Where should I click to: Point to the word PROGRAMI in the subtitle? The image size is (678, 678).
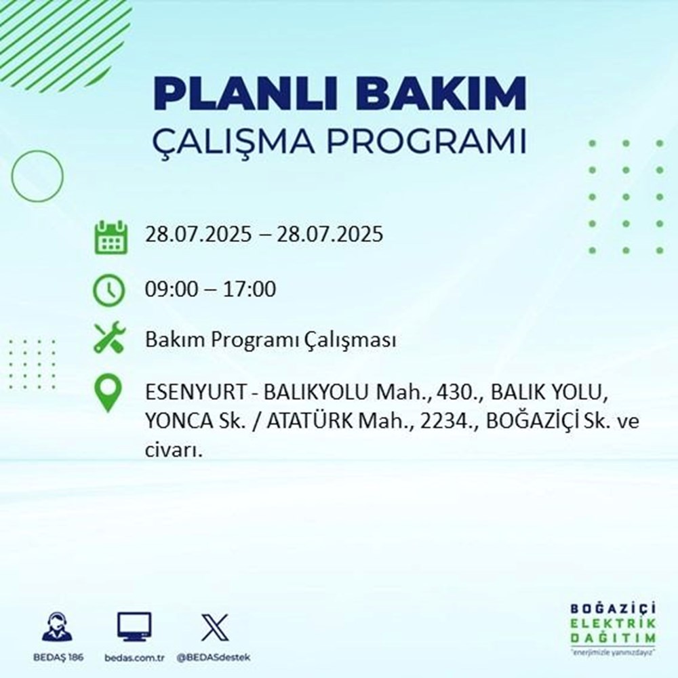point(433,143)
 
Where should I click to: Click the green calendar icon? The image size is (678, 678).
point(110,237)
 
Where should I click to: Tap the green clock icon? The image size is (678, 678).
point(109,290)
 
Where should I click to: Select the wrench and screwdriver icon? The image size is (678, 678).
point(109,338)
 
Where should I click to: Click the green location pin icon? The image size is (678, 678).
point(109,394)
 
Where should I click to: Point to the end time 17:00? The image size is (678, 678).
point(252,290)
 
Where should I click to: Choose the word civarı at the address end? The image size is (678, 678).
point(173,449)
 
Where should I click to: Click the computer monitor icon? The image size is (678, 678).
point(134,627)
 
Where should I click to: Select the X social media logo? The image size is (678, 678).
point(214,627)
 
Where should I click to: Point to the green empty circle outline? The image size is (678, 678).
point(37,176)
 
